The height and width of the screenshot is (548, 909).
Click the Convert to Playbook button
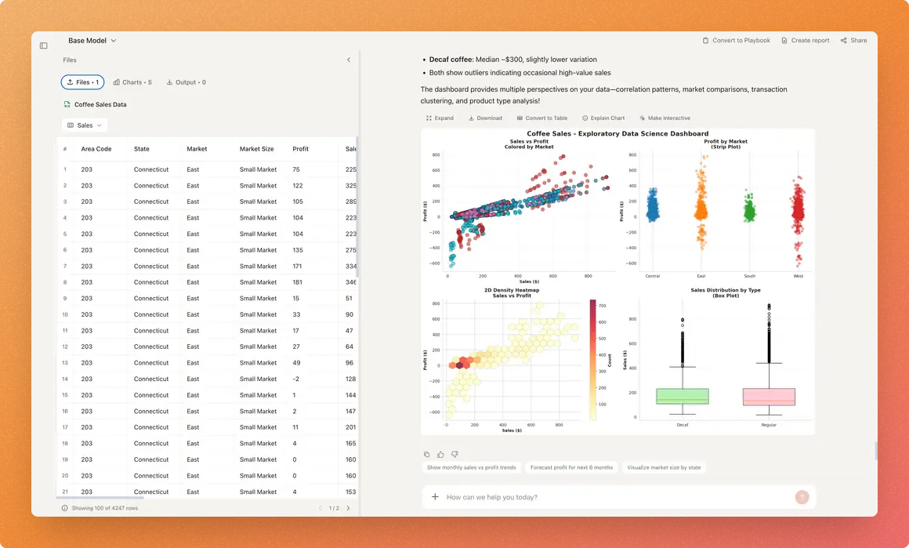tap(736, 41)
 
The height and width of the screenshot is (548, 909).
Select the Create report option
tap(806, 41)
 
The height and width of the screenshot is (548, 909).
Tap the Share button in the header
tap(854, 41)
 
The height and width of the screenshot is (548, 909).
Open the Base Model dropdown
tap(92, 41)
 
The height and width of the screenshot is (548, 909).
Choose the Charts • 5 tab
tap(132, 82)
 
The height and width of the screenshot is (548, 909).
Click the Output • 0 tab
tap(186, 82)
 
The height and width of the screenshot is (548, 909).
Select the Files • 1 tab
tap(82, 82)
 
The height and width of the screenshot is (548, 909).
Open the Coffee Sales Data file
tap(100, 104)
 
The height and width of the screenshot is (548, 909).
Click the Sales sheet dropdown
tap(85, 125)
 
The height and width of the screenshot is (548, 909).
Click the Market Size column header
tap(257, 149)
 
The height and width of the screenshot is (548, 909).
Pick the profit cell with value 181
tap(297, 282)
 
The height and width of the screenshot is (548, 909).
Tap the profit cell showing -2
tap(295, 379)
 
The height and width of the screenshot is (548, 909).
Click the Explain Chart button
tap(603, 118)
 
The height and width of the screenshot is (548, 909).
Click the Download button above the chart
tap(485, 118)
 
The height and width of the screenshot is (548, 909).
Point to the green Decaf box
tap(682, 396)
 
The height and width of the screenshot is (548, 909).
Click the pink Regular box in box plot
tap(768, 397)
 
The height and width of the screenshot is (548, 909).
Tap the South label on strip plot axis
tap(750, 276)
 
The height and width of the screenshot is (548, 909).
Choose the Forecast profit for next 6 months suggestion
tap(571, 467)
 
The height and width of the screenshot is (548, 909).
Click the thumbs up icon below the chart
tap(440, 455)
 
